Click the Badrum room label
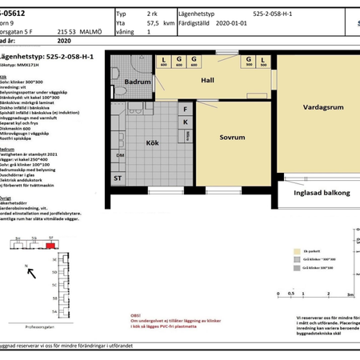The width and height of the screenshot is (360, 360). click(x=138, y=82)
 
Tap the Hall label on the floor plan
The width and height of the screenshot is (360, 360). click(x=209, y=79)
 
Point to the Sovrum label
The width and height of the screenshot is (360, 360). click(x=232, y=137)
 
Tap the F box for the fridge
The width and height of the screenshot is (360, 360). click(x=186, y=109)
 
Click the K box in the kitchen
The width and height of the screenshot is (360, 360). click(x=186, y=122)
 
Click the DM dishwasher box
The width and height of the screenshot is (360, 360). click(x=120, y=155)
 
